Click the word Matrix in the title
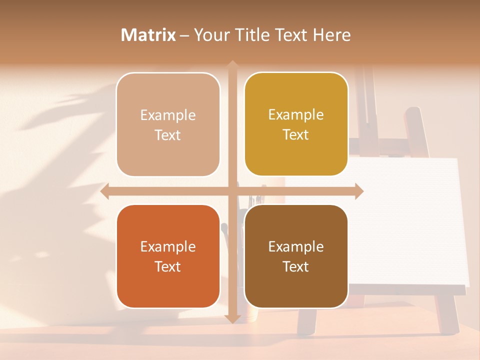click(x=148, y=35)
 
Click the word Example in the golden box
click(x=296, y=114)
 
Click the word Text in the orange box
click(x=168, y=266)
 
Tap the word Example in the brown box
click(x=296, y=246)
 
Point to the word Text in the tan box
click(x=168, y=135)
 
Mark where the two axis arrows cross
click(x=232, y=191)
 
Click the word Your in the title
click(x=211, y=35)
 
